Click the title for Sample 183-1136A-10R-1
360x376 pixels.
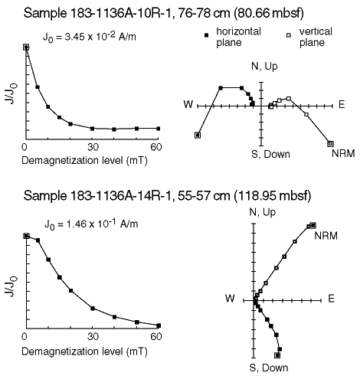pos(164,13)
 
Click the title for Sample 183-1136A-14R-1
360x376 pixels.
pos(167,196)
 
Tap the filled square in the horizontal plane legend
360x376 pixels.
pos(207,35)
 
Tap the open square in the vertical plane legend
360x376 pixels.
pos(289,35)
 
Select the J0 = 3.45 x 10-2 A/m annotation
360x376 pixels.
pos(90,38)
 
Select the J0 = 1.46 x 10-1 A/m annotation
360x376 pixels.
pos(91,224)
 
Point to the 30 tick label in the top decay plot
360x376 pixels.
pos(93,147)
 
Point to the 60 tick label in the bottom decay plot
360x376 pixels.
pos(156,337)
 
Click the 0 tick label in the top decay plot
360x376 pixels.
pos(25,147)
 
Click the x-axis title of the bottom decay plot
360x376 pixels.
pos(84,351)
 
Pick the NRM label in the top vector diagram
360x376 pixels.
pos(343,154)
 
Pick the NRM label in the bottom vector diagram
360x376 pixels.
pos(326,236)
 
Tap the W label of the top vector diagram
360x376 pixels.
pos(188,104)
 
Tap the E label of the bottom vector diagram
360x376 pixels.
pos(331,299)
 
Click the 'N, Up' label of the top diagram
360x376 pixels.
pos(264,67)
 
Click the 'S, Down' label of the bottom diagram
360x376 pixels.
pos(269,368)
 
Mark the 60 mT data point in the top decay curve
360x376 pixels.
pos(159,129)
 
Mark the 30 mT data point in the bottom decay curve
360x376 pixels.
pos(93,309)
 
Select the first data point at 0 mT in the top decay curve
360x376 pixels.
pos(26,47)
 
